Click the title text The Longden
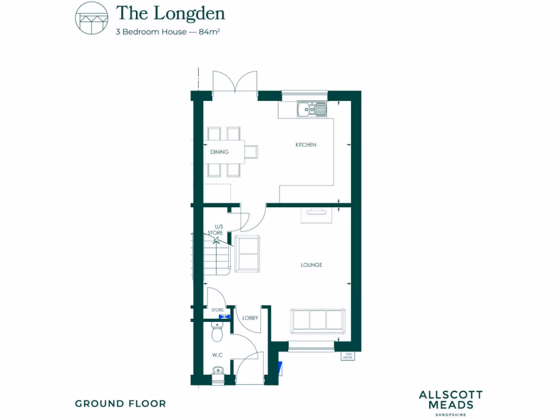click(170, 13)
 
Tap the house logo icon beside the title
click(91, 18)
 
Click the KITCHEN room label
click(306, 145)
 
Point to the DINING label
click(219, 152)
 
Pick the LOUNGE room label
click(311, 265)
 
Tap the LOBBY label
click(250, 318)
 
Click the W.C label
click(217, 355)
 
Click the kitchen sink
click(312, 109)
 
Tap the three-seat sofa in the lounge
click(318, 321)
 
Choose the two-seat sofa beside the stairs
click(248, 254)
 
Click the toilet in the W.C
click(217, 330)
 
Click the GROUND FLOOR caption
click(120, 404)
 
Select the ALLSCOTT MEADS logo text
click(450, 400)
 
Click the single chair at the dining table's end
click(251, 151)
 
